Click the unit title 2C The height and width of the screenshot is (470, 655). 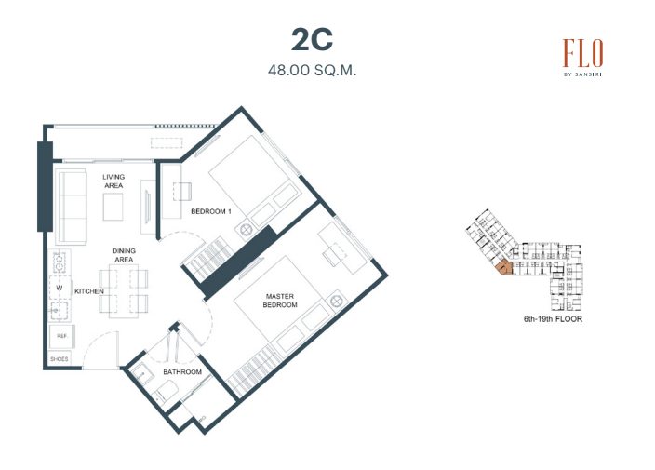tap(312, 40)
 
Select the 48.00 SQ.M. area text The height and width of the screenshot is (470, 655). tap(312, 70)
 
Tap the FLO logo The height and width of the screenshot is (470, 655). tap(582, 57)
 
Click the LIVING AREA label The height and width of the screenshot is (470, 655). tap(114, 181)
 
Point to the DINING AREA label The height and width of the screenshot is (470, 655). tap(124, 255)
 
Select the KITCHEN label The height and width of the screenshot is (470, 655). tap(89, 291)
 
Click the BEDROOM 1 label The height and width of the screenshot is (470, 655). tap(211, 211)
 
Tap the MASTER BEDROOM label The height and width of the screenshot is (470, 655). tap(280, 301)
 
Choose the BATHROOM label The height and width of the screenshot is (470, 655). tap(182, 372)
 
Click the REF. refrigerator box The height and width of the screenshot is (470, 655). tap(62, 336)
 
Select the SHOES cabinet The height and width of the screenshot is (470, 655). tap(60, 359)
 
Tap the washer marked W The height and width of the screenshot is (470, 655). tap(60, 288)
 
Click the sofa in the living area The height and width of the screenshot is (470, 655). tap(71, 207)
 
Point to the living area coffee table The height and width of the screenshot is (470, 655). tap(114, 207)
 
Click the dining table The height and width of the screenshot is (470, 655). tap(124, 291)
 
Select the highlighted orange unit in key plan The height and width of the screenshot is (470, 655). tap(504, 267)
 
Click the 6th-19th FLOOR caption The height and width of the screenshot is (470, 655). tap(553, 319)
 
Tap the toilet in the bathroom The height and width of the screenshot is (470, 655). tap(166, 394)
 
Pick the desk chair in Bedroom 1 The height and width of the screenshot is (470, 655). tap(182, 192)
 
